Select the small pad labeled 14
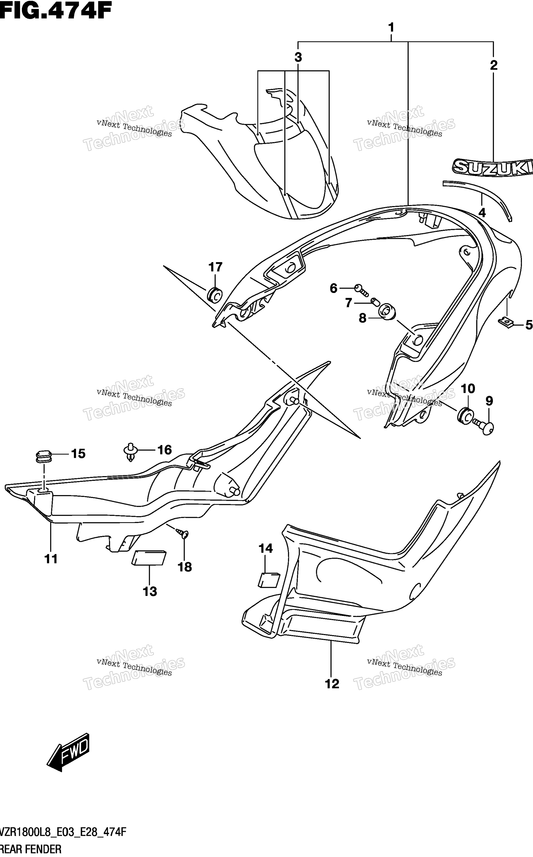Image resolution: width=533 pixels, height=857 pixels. point(269,580)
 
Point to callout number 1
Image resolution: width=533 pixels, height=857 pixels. point(391,28)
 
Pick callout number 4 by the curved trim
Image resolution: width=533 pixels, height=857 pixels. point(482,213)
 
